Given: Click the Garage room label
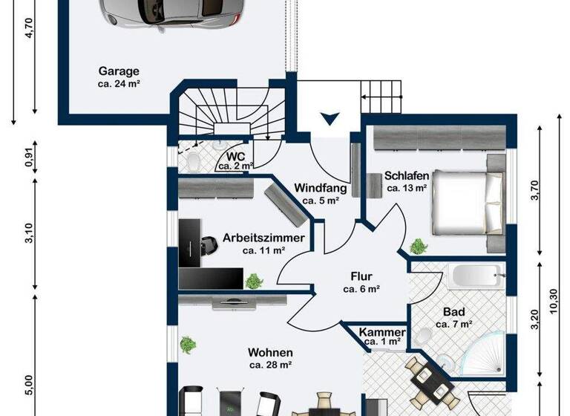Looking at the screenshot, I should coord(119,72).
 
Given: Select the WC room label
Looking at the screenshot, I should coord(236,157).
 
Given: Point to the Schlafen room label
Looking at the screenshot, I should coord(407,176).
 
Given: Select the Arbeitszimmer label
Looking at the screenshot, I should coord(263,238).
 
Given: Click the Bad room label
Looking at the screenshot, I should coord(453,313).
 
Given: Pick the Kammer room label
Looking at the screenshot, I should coord(381,332).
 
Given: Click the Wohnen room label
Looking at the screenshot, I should coord(270,353).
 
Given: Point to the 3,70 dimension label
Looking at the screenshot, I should coord(535,192).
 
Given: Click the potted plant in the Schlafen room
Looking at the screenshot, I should coord(419,245).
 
